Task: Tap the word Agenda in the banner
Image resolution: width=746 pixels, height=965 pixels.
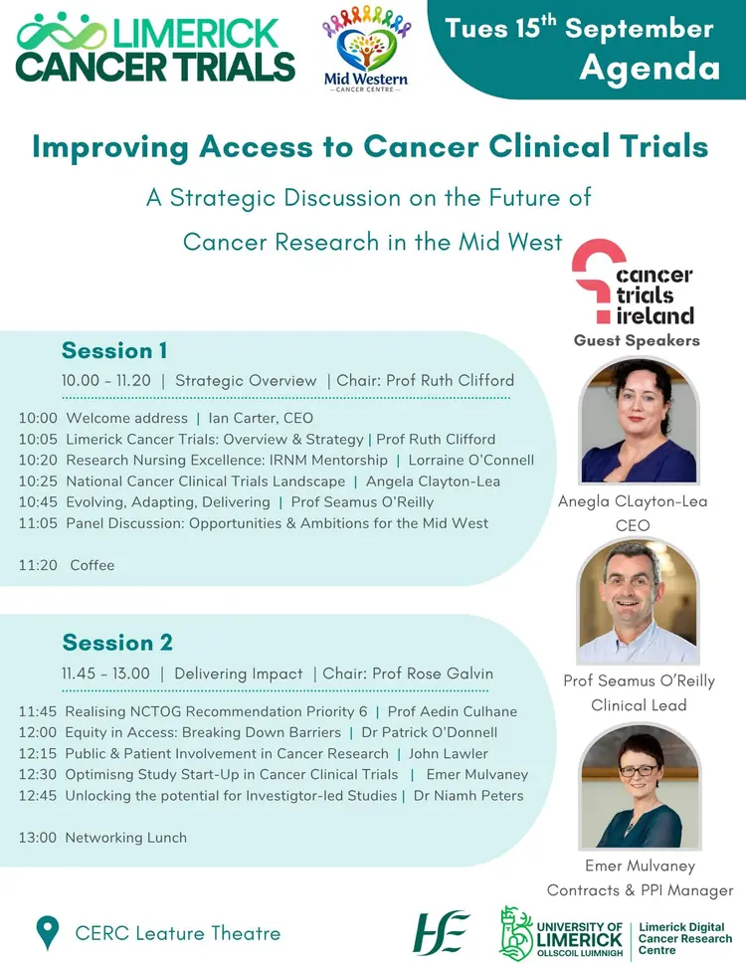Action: [x=650, y=67]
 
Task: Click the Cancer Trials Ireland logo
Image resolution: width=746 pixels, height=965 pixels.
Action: [x=634, y=282]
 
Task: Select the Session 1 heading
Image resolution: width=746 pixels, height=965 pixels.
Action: [x=114, y=350]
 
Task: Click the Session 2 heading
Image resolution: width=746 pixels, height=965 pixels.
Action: [x=117, y=643]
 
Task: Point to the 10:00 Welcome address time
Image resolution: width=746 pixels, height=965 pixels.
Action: [x=38, y=418]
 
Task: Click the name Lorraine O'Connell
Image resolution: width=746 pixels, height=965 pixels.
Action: [x=470, y=461]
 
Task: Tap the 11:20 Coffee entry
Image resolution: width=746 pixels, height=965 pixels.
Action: [x=67, y=565]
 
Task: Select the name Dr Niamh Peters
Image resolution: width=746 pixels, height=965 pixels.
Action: [x=468, y=796]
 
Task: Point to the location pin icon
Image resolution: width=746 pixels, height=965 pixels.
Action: [x=48, y=932]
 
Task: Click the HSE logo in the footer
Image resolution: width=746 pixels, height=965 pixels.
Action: [x=440, y=933]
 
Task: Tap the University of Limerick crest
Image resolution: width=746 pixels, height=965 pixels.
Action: [x=516, y=933]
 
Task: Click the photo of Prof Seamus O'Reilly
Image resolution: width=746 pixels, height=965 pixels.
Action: [x=639, y=602]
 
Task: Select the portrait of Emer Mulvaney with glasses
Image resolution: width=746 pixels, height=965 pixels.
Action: [x=640, y=787]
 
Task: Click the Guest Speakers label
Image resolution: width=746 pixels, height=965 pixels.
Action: [x=637, y=340]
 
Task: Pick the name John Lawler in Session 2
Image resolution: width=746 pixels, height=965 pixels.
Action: [x=448, y=754]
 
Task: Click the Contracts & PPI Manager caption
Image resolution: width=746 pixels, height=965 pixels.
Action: [x=641, y=890]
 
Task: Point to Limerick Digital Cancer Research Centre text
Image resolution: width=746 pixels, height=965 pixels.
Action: [x=685, y=938]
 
